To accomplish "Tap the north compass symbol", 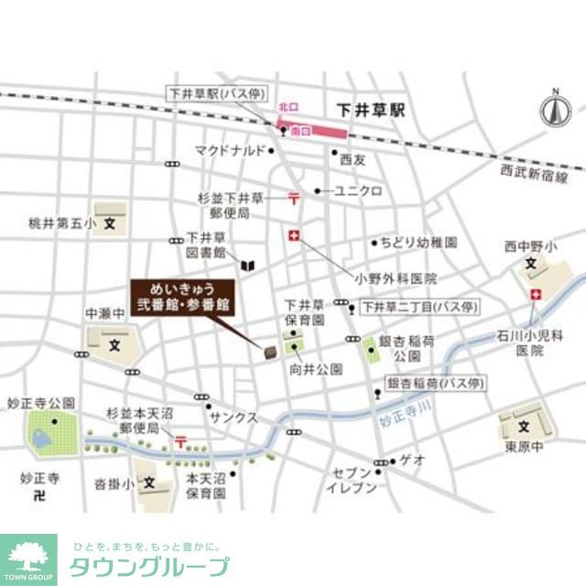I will [x=553, y=108].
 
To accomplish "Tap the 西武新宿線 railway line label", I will [x=535, y=174].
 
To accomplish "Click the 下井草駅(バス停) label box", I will [x=213, y=92].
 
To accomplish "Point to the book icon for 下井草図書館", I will [x=246, y=266].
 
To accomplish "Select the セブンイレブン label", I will [x=353, y=481].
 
